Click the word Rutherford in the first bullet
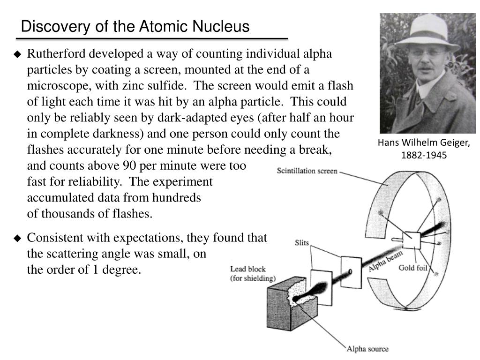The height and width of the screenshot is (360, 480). (56, 53)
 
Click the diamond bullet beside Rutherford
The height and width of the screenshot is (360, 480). (17, 54)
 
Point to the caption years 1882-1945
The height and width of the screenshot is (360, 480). (424, 155)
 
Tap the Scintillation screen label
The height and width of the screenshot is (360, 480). (307, 171)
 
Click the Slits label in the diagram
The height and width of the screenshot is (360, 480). (301, 243)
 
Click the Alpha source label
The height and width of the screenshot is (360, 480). (367, 349)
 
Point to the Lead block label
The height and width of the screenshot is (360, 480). (248, 269)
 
